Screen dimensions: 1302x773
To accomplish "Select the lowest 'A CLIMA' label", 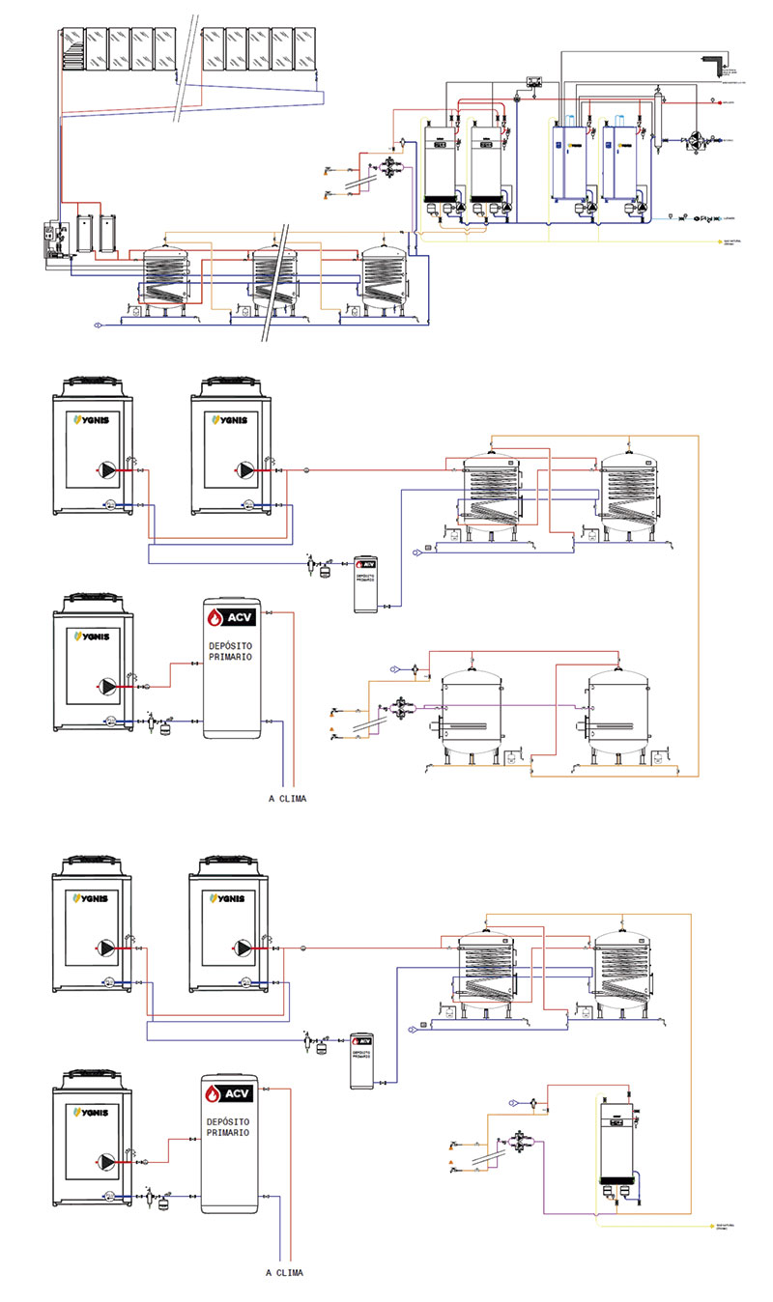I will coord(284,1273).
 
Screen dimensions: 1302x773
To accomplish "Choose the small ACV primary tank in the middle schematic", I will coord(365,583).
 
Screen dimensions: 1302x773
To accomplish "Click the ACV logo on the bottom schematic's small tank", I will coord(362,1041).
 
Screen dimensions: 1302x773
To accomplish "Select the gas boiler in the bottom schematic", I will coord(617,1140).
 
